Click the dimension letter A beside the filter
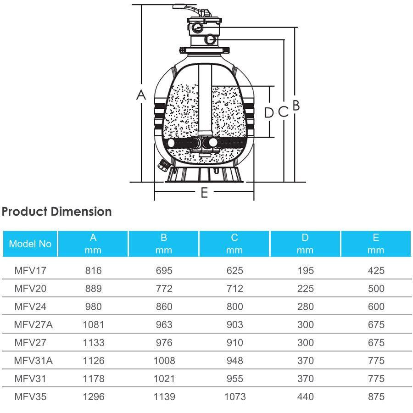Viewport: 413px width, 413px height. [141, 95]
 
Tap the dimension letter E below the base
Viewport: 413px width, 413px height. [204, 193]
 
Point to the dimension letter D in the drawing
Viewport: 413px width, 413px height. [269, 112]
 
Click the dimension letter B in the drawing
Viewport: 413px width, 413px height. [296, 106]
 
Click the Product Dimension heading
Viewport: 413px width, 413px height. [57, 212]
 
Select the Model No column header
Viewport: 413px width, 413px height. [30, 244]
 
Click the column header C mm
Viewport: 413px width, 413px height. [234, 244]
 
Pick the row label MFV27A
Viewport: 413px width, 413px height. [33, 324]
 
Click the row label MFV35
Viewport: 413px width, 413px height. [30, 396]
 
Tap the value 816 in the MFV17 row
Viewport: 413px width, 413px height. [93, 270]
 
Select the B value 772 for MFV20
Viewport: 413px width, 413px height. [164, 289]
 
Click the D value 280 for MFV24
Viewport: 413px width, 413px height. [305, 307]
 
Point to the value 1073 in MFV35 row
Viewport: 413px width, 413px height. [234, 396]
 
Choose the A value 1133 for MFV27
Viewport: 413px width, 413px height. [93, 342]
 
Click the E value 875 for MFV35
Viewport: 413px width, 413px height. [376, 396]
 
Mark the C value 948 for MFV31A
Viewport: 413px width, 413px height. [234, 361]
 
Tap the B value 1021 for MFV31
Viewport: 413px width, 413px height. [164, 379]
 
